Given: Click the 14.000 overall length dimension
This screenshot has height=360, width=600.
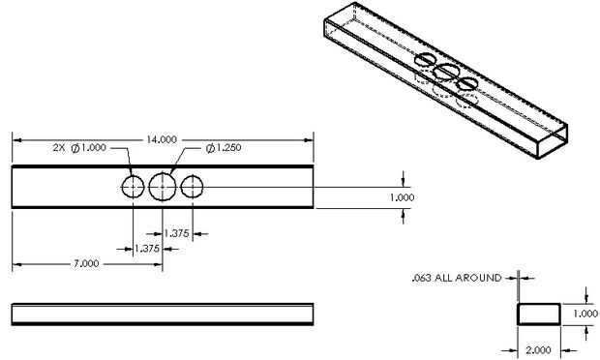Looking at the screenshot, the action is tap(162, 139).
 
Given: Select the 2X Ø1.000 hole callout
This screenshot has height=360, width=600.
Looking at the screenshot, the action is tap(79, 148).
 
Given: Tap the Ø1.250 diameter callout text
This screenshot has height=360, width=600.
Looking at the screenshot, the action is tap(224, 148).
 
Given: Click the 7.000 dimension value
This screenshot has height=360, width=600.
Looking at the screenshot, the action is tap(86, 263).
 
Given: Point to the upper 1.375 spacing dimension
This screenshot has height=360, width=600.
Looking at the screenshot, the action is tap(176, 233).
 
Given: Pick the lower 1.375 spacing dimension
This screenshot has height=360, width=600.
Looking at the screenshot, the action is tap(147, 249).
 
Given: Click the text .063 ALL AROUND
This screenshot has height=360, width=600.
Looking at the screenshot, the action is tap(457, 278).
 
